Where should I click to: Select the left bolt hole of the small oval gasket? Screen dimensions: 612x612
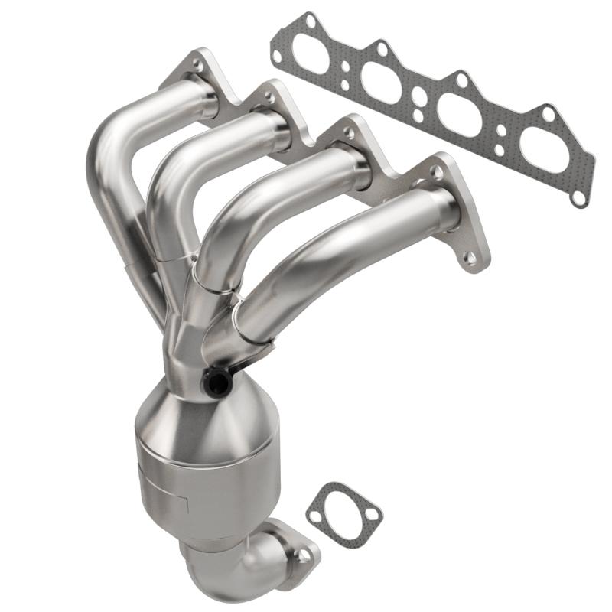(x=315, y=516)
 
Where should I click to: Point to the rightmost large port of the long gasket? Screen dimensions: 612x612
(x=545, y=145)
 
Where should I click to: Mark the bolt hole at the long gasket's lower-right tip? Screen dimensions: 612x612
(x=578, y=197)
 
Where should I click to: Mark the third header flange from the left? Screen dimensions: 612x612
(x=360, y=153)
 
